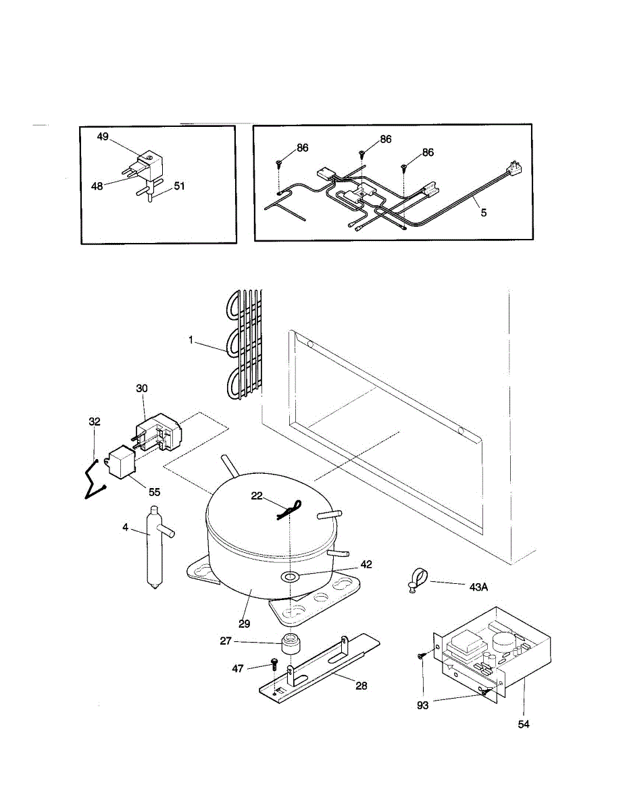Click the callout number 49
click(103, 136)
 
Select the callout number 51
click(179, 187)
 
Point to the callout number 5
click(483, 212)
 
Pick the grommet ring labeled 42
click(291, 577)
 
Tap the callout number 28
click(361, 686)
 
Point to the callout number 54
click(524, 724)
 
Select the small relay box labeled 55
click(122, 463)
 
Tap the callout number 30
click(141, 388)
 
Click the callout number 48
click(97, 186)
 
